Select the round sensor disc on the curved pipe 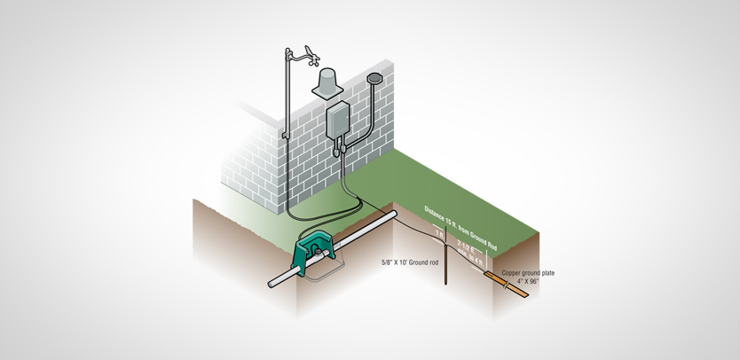click(x=373, y=79)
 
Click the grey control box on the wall click(x=338, y=124)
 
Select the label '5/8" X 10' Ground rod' click(x=409, y=262)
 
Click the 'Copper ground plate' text click(x=528, y=273)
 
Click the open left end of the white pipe click(x=273, y=285)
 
